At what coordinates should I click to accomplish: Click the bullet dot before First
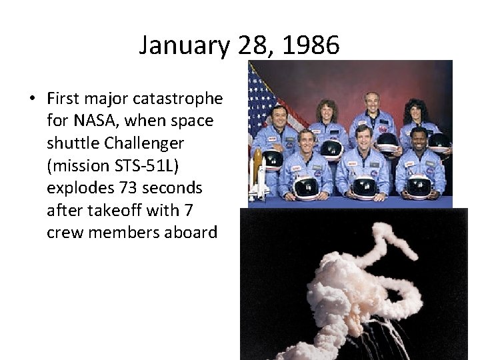tap(32, 99)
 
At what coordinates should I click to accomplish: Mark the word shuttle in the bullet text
tap(70, 143)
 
